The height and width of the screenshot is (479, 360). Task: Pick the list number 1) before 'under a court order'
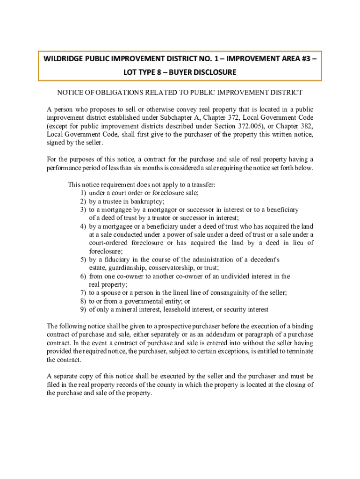pos(83,193)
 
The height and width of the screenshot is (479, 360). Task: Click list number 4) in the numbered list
pos(83,226)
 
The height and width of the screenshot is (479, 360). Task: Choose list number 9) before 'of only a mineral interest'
pos(83,310)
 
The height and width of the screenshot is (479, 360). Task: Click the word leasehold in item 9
pos(177,310)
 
